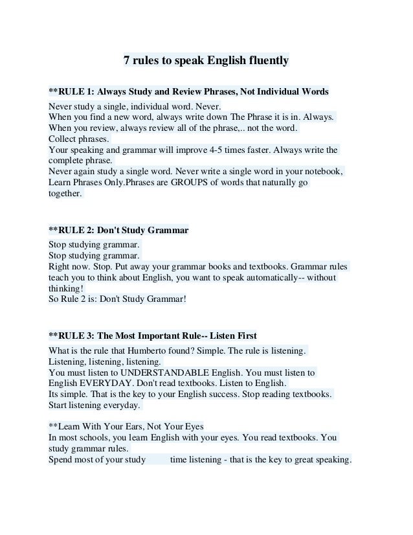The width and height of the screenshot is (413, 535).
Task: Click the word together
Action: click(65, 194)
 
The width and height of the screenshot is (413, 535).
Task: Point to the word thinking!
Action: click(66, 288)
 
